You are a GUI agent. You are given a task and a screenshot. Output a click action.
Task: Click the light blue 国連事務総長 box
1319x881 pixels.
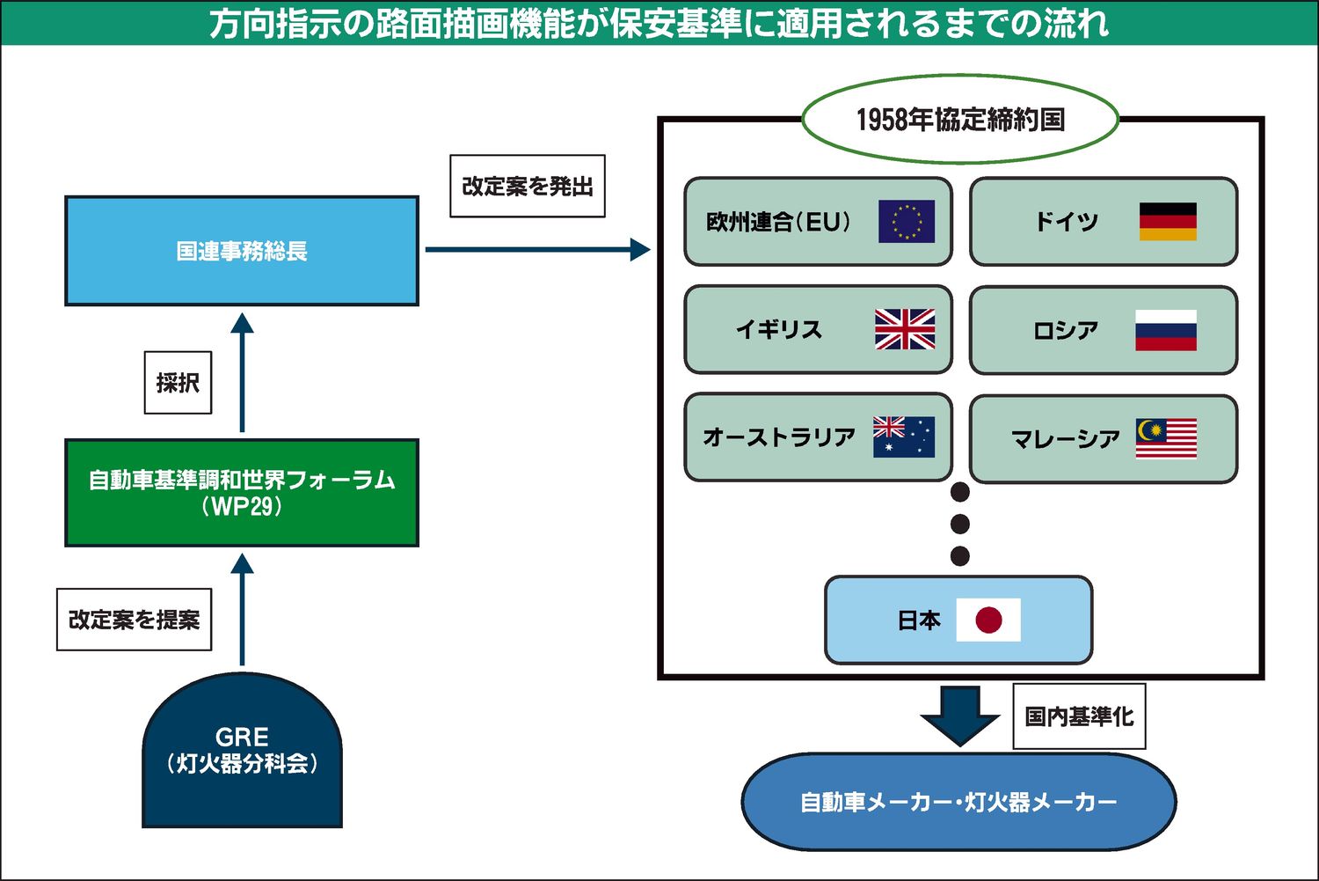tap(242, 251)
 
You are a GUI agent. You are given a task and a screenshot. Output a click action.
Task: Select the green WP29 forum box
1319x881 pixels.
tap(242, 493)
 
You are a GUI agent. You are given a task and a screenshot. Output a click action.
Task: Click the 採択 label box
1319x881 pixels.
tap(178, 383)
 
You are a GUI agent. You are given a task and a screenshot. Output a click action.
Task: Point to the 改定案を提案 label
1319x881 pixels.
tap(135, 620)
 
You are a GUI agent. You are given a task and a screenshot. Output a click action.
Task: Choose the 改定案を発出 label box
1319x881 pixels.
tap(528, 187)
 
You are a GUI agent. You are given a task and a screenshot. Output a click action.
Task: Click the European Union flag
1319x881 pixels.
tap(907, 222)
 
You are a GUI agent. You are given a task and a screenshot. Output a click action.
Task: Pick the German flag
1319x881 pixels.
tap(1168, 222)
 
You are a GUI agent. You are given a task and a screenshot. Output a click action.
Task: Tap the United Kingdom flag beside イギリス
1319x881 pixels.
tap(905, 329)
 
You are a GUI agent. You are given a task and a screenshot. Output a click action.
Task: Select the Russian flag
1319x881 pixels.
tap(1166, 330)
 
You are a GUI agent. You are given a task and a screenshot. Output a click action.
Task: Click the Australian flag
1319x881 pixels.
tap(904, 437)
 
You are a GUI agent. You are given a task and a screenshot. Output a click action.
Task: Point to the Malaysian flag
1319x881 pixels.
tap(1167, 438)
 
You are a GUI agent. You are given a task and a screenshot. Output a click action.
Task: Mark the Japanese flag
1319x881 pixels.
tap(988, 620)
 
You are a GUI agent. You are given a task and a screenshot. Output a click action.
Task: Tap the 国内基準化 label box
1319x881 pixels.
tap(1079, 716)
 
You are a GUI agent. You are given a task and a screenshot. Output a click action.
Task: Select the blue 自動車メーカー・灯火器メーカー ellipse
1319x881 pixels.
tap(958, 802)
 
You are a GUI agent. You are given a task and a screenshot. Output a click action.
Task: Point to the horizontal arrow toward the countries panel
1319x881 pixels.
tap(536, 250)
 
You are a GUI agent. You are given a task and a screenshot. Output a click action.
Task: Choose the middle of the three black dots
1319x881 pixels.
tap(960, 525)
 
